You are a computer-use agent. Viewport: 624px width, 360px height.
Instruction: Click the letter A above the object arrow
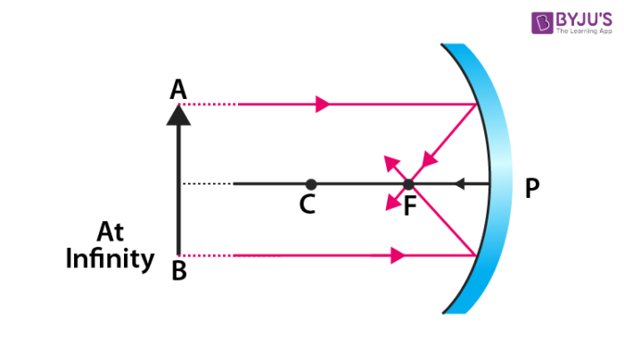[179, 89]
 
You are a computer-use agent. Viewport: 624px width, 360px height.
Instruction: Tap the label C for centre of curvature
[307, 205]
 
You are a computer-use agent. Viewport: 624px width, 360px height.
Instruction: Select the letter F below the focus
[409, 206]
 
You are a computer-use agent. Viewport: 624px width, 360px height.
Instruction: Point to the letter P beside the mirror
[532, 189]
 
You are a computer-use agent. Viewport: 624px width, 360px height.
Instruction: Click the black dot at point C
[307, 184]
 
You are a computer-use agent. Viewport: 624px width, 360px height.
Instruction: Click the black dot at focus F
[408, 184]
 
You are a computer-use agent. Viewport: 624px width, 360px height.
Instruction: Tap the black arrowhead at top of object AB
[179, 113]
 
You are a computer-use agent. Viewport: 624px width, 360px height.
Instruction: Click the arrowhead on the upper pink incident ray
[323, 104]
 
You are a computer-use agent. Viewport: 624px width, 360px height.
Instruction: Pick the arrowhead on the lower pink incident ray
[398, 256]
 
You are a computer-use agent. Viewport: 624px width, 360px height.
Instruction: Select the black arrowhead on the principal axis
[459, 184]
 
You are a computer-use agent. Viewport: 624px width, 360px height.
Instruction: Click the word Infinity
[110, 259]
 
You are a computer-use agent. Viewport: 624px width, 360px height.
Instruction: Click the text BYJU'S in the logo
[580, 19]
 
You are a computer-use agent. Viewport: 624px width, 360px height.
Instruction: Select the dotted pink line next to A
[214, 104]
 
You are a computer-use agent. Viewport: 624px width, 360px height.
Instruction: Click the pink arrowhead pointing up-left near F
[389, 161]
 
